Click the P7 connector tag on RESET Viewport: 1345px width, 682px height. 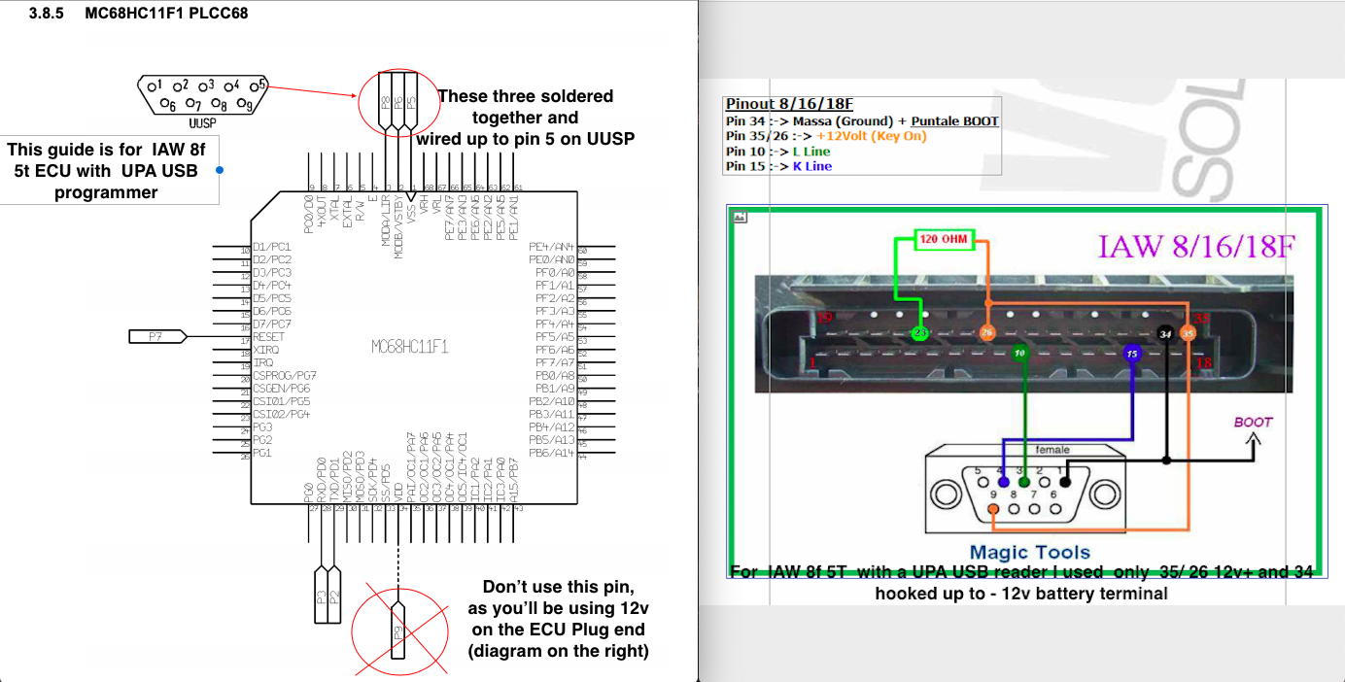click(155, 336)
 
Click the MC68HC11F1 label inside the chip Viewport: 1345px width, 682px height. click(409, 347)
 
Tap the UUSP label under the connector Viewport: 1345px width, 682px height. click(202, 124)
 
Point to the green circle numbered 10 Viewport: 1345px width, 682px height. click(1019, 353)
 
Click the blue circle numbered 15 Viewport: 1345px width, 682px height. click(1131, 354)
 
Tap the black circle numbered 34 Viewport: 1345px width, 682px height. click(1165, 334)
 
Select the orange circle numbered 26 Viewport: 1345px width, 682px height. click(987, 333)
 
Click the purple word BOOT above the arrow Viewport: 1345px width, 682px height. click(1253, 423)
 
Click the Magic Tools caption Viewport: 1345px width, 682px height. click(1030, 553)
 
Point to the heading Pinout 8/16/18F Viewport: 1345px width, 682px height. click(788, 104)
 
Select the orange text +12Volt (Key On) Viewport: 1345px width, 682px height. click(871, 136)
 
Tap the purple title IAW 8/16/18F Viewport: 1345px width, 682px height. click(1195, 246)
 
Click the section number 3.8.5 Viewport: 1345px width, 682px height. click(48, 16)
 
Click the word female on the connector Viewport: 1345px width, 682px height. click(1052, 450)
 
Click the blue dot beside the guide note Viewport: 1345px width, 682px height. click(221, 170)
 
